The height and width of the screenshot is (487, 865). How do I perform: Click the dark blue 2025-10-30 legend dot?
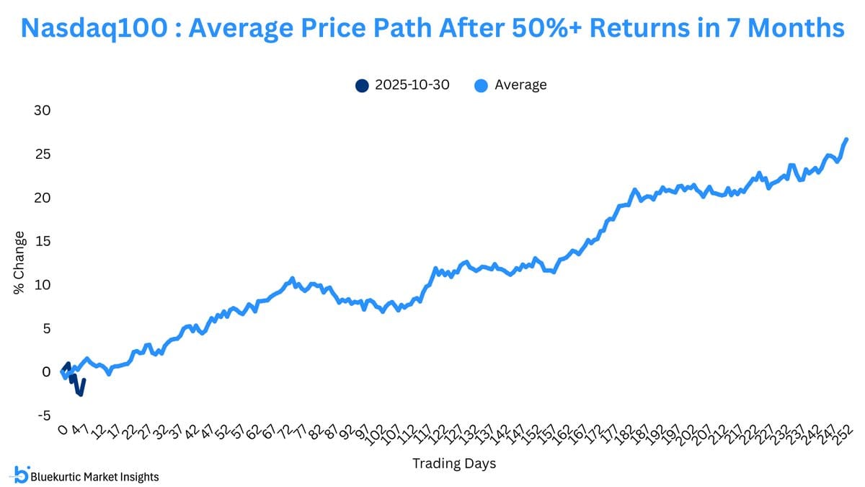[362, 85]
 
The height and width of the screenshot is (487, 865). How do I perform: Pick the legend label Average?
[520, 85]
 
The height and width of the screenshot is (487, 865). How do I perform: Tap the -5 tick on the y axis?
[43, 416]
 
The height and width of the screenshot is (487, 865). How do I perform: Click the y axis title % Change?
[19, 263]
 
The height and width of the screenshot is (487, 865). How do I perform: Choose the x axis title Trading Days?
[454, 463]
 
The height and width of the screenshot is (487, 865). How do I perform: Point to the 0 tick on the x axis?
[62, 431]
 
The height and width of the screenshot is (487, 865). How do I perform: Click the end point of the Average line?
[846, 139]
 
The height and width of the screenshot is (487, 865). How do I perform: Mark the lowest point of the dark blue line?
[81, 394]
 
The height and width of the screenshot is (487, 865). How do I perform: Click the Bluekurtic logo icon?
[21, 474]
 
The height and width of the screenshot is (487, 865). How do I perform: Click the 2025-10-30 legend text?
[412, 85]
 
